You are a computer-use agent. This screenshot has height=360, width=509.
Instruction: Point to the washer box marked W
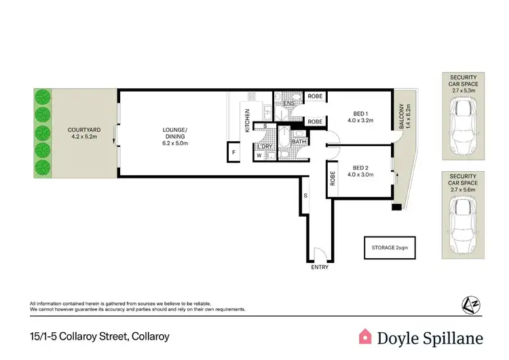click(x=259, y=156)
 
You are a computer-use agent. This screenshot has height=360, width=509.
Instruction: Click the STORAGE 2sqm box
click(x=390, y=247)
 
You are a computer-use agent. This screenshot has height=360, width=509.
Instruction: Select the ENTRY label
click(x=319, y=267)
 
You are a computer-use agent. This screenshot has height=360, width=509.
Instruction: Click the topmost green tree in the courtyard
click(x=43, y=96)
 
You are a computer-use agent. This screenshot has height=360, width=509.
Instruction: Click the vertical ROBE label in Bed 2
click(x=333, y=178)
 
